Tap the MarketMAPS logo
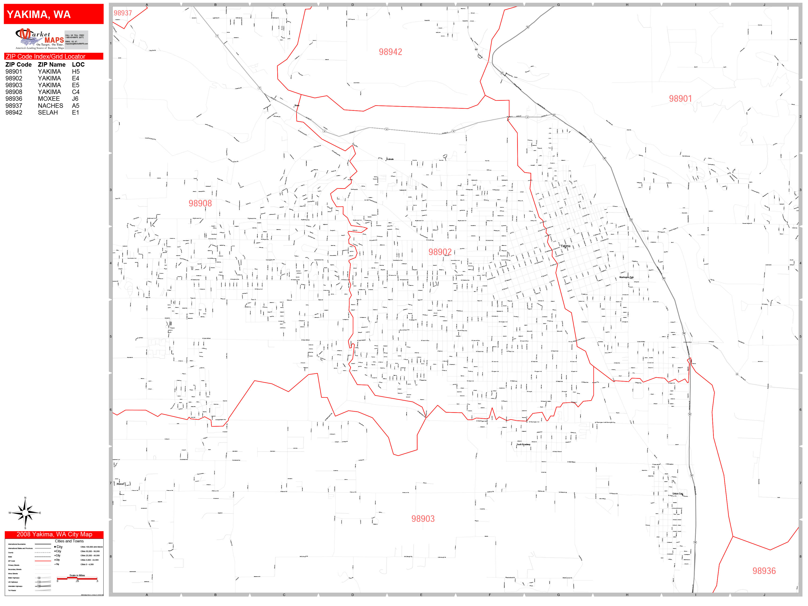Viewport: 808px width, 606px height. click(x=40, y=39)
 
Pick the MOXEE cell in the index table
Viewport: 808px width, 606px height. click(x=49, y=99)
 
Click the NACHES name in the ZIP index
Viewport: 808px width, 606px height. click(x=50, y=106)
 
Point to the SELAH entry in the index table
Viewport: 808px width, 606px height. click(x=48, y=112)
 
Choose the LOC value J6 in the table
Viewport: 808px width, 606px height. click(x=75, y=99)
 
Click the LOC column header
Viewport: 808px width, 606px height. click(x=78, y=65)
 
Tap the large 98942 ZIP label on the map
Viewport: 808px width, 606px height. click(x=390, y=52)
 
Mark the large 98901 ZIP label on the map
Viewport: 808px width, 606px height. click(x=680, y=99)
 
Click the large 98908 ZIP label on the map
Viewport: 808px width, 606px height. click(x=200, y=203)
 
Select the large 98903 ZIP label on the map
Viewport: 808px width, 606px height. click(x=423, y=519)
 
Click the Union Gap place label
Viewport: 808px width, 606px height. click(x=678, y=494)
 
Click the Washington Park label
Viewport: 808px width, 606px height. click(x=626, y=277)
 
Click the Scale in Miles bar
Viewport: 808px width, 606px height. click(x=77, y=578)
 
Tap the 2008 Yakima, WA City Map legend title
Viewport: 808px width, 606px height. click(x=54, y=534)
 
